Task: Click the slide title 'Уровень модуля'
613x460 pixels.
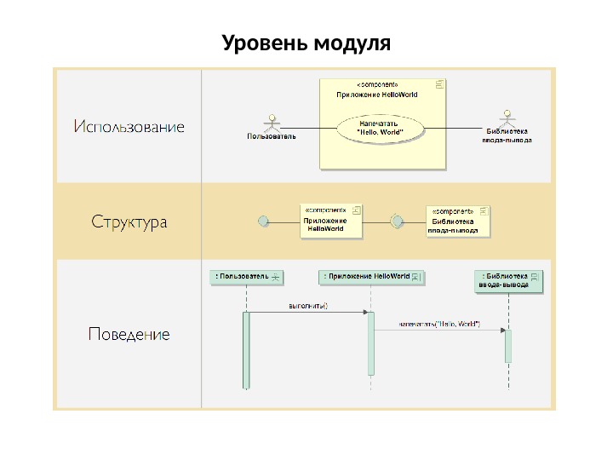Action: [x=306, y=42]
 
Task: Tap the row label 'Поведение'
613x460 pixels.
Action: [x=129, y=334]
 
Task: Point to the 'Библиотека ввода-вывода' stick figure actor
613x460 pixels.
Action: [x=508, y=118]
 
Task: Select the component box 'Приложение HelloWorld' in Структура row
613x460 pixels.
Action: [x=331, y=220]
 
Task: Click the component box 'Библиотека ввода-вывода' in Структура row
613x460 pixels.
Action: [x=458, y=221]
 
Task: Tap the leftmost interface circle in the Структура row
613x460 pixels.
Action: [x=263, y=221]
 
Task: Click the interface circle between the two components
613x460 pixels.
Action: [x=396, y=221]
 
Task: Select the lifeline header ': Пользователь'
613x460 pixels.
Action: [x=247, y=277]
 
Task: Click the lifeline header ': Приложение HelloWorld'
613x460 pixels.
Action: [x=372, y=277]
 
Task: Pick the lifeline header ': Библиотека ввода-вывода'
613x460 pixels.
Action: [x=509, y=281]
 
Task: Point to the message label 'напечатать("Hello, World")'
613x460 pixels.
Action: [x=439, y=324]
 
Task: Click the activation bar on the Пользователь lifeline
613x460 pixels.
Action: [x=247, y=349]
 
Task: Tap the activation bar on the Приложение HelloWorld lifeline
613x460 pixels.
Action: [x=371, y=342]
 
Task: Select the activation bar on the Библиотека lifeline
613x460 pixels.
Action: [x=508, y=345]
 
